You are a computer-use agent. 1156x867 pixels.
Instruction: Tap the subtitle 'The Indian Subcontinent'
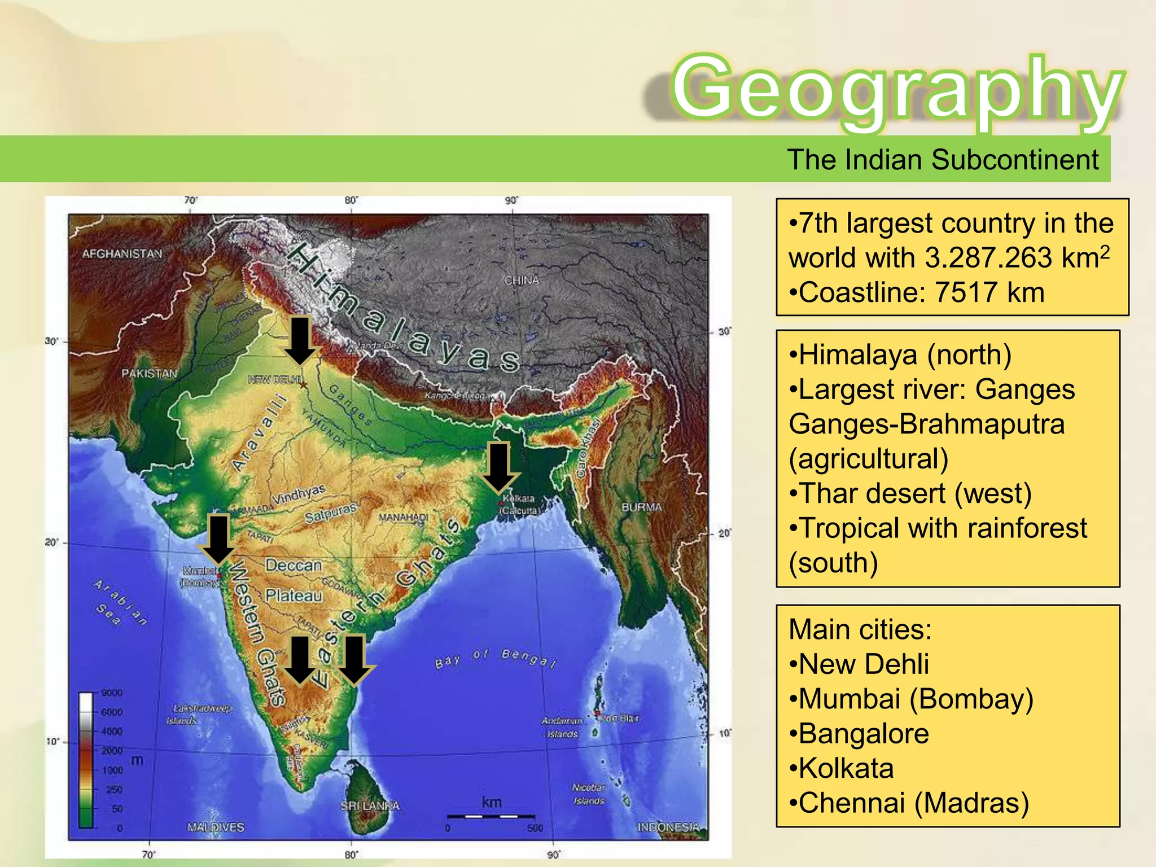943,160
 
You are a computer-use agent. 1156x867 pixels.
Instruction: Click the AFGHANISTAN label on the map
122,254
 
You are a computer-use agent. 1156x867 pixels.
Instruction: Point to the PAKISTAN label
150,374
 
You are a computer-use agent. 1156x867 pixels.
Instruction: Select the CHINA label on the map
522,281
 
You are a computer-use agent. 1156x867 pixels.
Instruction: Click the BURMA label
641,507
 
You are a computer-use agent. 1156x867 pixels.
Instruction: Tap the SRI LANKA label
370,806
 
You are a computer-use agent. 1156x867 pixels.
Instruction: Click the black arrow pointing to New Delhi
300,340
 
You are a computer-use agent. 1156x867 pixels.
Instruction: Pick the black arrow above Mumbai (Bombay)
218,539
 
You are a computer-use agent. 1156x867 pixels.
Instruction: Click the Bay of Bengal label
496,658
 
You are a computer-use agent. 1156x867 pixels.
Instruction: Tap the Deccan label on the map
294,566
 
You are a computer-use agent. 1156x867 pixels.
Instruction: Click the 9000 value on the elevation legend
111,693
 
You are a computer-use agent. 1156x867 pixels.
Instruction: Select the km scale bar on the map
491,816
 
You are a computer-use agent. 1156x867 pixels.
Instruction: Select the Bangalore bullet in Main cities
864,734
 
